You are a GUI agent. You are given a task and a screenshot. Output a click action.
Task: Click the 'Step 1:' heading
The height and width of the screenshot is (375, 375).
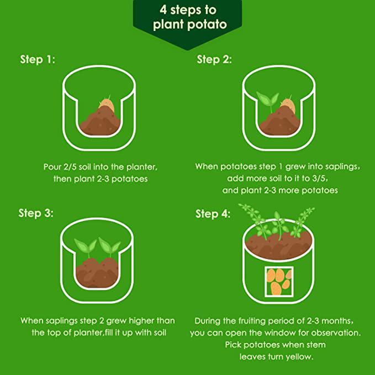(x=38, y=60)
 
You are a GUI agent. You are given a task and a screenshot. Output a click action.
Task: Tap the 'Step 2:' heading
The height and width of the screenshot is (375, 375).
(x=214, y=60)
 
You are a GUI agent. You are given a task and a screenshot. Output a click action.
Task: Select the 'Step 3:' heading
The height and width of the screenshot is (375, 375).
(x=36, y=213)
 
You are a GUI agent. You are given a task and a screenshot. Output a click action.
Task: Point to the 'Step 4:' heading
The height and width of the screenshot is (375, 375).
(x=213, y=214)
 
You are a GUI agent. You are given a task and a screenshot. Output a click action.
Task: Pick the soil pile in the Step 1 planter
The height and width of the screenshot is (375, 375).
(x=100, y=122)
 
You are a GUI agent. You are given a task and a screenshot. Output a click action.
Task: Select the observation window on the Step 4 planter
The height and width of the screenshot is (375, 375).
(x=279, y=282)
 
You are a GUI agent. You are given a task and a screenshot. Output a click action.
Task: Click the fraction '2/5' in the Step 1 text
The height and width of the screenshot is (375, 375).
(x=70, y=167)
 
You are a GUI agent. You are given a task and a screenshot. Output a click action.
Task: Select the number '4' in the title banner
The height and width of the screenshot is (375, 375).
(x=163, y=10)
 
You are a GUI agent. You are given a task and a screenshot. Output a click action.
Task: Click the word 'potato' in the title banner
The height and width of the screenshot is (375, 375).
(x=207, y=24)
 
